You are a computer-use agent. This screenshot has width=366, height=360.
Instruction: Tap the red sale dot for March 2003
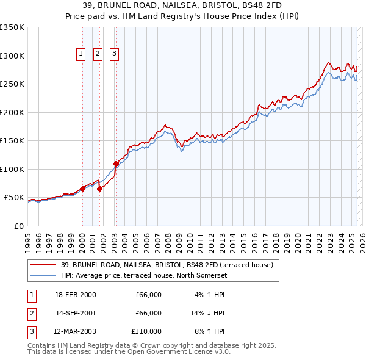115,164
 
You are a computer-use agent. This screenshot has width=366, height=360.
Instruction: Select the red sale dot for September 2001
99,189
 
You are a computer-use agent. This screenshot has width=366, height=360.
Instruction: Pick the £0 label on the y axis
18,226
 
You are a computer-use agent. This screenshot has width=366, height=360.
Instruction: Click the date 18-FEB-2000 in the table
76,295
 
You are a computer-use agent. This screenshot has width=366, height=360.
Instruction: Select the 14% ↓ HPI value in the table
207,313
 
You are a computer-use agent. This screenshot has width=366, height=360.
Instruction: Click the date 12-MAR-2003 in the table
76,331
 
